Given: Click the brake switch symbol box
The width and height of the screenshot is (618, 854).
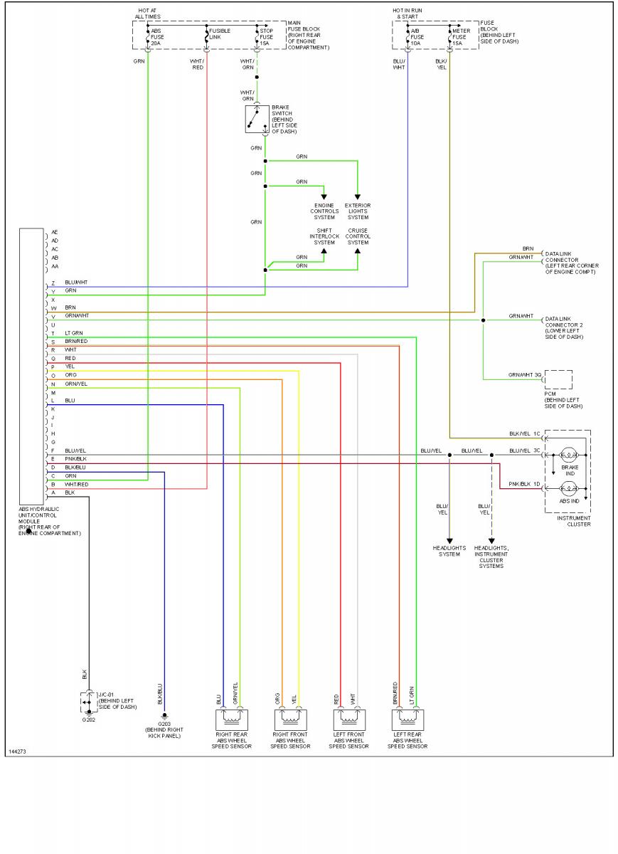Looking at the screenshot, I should (x=256, y=120).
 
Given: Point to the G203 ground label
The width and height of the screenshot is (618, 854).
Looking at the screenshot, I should (x=164, y=724).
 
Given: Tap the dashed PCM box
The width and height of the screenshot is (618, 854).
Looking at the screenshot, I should (x=558, y=379).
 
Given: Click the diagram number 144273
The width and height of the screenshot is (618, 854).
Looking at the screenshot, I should (x=18, y=752).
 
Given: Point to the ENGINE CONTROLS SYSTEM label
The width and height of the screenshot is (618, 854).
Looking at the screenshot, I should (x=324, y=211).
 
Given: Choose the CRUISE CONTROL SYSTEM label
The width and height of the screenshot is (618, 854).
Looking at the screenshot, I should (x=358, y=236).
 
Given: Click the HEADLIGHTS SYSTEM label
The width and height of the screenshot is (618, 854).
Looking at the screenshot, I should (x=449, y=551).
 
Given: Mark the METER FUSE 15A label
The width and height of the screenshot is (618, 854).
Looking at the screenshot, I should (x=462, y=37).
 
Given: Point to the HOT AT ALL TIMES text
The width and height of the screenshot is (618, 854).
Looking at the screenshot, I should (x=149, y=14).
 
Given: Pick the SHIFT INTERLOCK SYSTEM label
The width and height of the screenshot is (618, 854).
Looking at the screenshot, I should (x=324, y=236).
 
